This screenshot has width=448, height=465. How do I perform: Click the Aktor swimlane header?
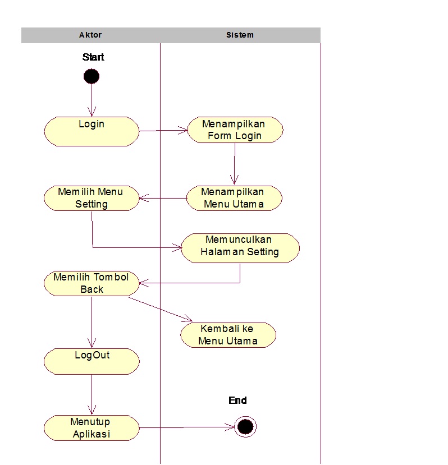pos(90,35)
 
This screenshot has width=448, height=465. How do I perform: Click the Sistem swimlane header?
pos(240,35)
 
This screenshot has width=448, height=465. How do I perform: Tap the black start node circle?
pos(91,76)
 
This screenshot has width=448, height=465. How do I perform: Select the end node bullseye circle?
pos(245,427)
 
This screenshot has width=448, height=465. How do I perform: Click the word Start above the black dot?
pos(93,57)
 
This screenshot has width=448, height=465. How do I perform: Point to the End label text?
pos(237,400)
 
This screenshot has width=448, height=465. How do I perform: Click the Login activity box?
pos(92,131)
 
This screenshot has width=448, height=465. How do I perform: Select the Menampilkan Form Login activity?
pos(235,130)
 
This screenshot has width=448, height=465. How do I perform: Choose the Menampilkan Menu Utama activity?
pos(234,198)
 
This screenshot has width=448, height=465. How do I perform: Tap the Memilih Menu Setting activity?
pos(92,198)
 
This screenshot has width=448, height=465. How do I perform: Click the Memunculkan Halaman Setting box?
pos(240,248)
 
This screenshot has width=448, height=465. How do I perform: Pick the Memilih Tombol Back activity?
pos(92,283)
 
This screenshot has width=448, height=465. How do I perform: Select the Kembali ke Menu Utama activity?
pos(228,335)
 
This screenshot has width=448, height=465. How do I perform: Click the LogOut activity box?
pos(92,361)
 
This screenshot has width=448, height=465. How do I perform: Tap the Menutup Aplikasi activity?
pos(92,428)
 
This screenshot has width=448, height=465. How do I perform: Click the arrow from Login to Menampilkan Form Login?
pos(163,131)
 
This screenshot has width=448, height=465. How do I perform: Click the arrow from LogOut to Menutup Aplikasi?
pos(92,394)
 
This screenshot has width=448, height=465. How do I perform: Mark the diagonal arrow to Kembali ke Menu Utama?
pos(160,309)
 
